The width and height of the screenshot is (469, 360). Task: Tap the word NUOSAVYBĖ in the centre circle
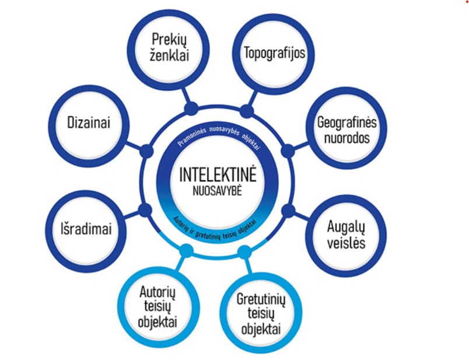[217, 191]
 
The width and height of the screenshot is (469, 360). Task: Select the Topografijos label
[275, 53]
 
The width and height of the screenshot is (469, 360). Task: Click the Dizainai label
[89, 123]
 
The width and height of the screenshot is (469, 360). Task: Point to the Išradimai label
[86, 229]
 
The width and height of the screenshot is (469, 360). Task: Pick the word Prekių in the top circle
[169, 40]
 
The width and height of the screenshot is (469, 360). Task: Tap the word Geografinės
[347, 123]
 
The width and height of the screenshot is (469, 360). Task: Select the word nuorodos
[347, 138]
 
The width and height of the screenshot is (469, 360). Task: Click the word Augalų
[346, 228]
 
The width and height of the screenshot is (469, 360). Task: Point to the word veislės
[346, 242]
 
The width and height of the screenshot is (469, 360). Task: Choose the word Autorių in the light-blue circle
[157, 292]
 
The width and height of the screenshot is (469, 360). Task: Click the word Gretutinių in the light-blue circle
[261, 299]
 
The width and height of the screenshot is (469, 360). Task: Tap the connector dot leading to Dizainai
[146, 151]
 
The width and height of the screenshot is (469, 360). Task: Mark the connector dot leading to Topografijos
[247, 111]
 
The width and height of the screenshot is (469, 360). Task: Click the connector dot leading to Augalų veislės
[288, 211]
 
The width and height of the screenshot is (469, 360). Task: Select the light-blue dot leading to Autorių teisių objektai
[187, 251]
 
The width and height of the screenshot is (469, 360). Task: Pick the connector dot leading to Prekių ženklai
[191, 109]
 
